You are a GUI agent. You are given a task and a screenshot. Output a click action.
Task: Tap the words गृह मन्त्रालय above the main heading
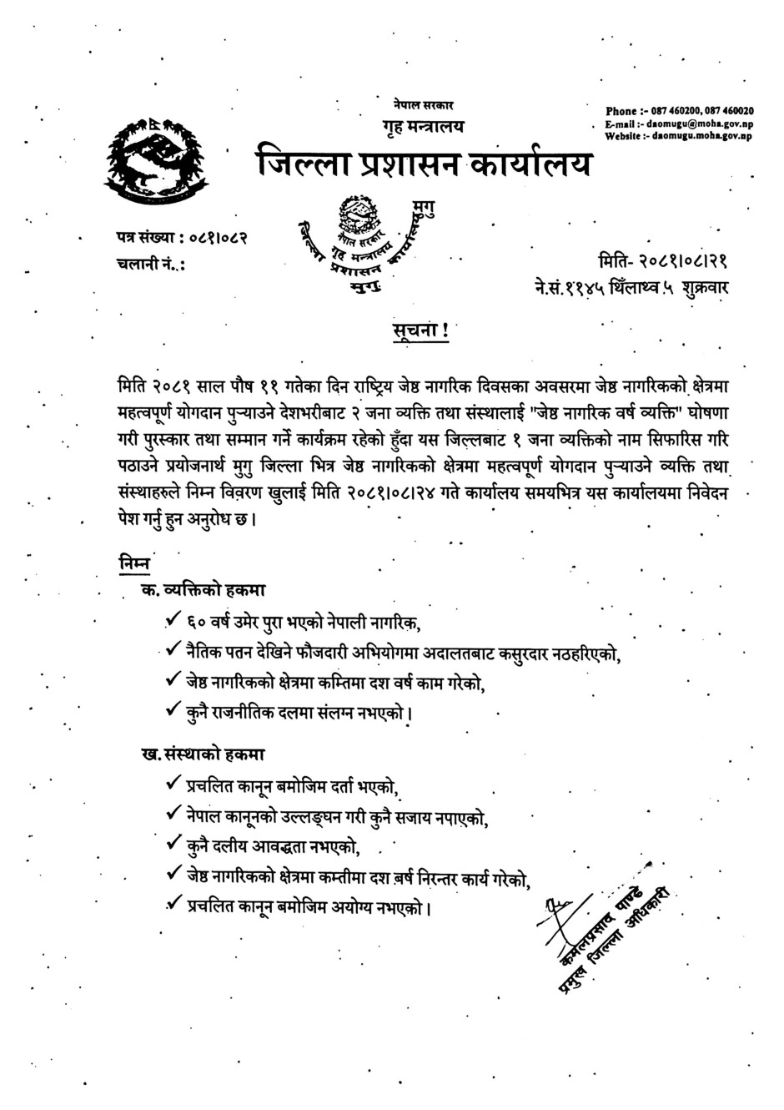coord(419,126)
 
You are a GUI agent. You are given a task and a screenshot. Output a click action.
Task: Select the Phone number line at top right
coord(679,110)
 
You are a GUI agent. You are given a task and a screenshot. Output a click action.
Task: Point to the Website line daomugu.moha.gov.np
coord(677,134)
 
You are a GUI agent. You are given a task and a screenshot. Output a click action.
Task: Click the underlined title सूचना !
coord(420,330)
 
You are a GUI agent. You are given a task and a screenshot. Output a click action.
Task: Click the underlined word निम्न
coord(134,563)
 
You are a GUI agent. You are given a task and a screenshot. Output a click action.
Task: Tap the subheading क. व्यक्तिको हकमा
coord(203,590)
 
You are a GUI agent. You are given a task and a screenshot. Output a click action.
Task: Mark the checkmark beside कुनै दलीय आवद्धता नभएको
coord(173,845)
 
